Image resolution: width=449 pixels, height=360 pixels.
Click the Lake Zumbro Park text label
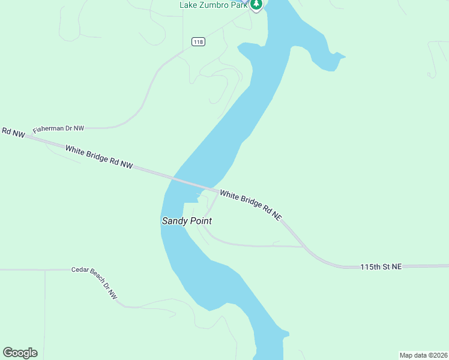tap(213, 5)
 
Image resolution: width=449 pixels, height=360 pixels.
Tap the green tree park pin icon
tap(256, 5)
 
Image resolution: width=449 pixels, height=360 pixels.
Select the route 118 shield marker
tap(199, 41)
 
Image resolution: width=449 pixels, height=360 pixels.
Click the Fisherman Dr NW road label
tap(58, 128)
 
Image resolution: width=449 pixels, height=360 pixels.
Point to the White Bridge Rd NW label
tap(98, 156)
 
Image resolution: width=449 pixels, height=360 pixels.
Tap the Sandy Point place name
tap(187, 221)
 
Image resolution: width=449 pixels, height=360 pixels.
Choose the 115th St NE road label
tap(381, 266)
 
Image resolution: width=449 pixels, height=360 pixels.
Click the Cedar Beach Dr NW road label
tap(94, 283)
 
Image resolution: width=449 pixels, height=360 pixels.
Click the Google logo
tap(20, 353)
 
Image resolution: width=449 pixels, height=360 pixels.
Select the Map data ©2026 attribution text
tap(423, 355)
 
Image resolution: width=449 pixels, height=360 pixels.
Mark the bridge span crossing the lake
tap(191, 182)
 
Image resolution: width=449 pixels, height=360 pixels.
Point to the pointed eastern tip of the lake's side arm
tap(345, 57)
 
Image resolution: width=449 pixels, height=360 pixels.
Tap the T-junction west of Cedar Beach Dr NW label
tap(44, 270)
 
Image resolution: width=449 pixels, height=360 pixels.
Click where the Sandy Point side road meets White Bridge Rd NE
tap(217, 193)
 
